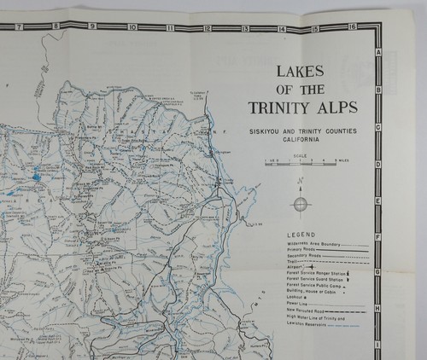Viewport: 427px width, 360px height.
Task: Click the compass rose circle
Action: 301,204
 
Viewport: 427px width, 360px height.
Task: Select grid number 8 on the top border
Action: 55,26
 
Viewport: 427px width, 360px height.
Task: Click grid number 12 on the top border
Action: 208,28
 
